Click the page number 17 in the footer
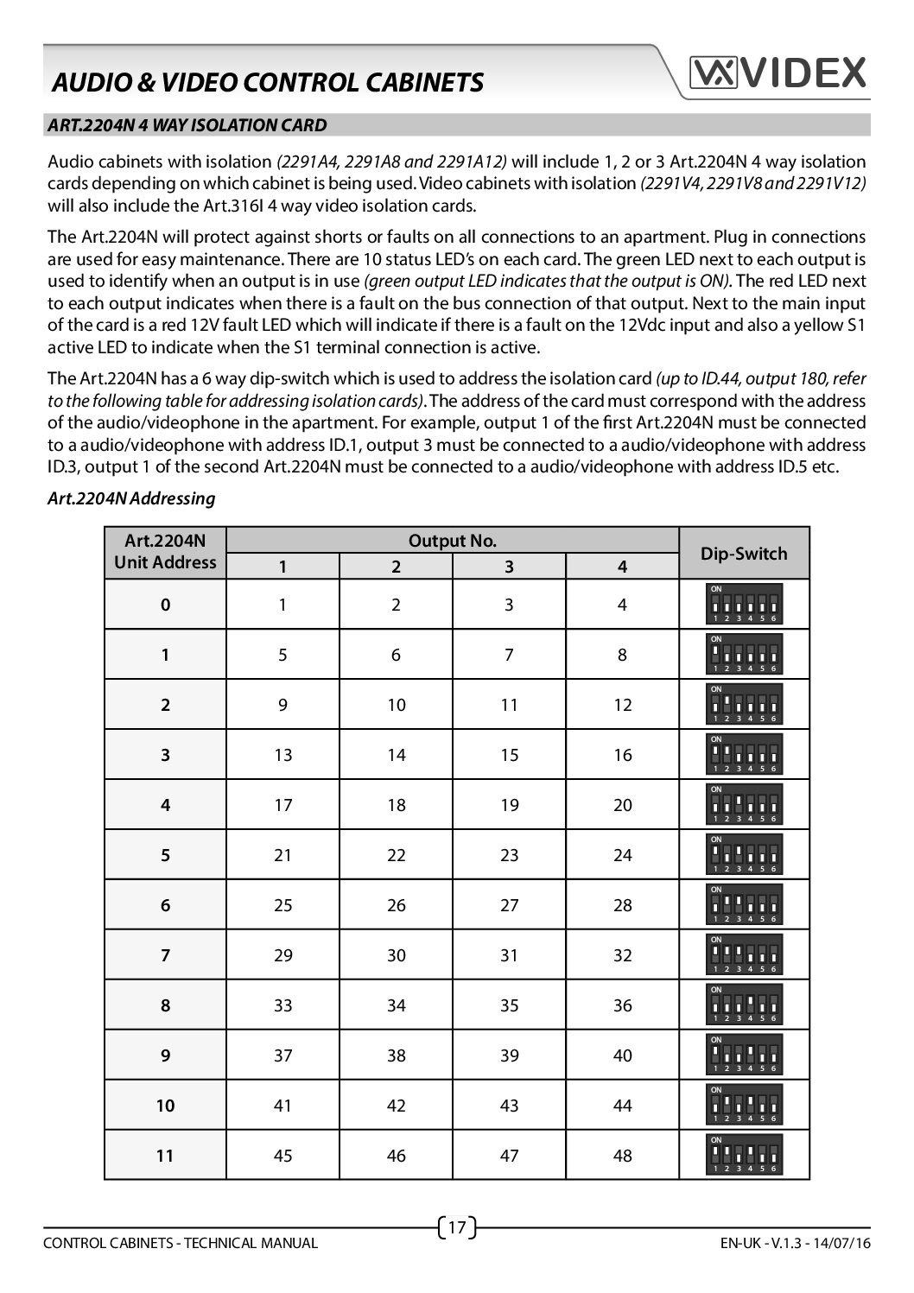tap(458, 1226)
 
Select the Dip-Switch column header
tap(744, 553)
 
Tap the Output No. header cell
tap(452, 541)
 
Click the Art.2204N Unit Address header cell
tap(165, 552)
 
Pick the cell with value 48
tap(622, 1156)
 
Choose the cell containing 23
tap(509, 855)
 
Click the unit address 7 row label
tap(165, 955)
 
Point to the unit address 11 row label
tap(165, 1156)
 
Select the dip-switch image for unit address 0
tap(745, 604)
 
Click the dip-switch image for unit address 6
tap(745, 904)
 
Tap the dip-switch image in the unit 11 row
tap(745, 1155)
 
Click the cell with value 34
tap(396, 1005)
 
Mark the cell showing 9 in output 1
tap(282, 705)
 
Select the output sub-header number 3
tap(509, 567)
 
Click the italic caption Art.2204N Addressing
tap(131, 498)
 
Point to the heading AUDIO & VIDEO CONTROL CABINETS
tap(268, 82)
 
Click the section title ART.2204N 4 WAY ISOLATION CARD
tap(187, 125)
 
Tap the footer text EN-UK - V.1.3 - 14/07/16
tap(794, 1243)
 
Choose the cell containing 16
tap(622, 755)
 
